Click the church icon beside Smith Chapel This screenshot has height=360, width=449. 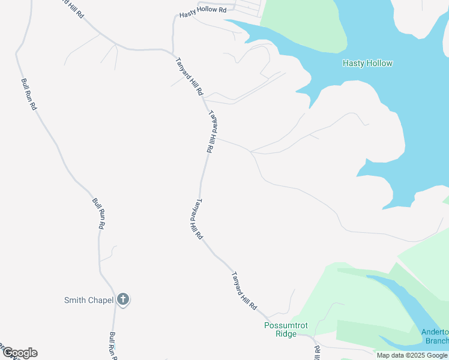pyautogui.click(x=123, y=299)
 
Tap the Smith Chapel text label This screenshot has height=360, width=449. pyautogui.click(x=89, y=300)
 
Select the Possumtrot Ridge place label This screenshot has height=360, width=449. pyautogui.click(x=286, y=329)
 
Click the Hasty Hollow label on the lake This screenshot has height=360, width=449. pyautogui.click(x=367, y=63)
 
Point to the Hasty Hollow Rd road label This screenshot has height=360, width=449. pyautogui.click(x=203, y=10)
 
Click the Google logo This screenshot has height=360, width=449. pyautogui.click(x=20, y=353)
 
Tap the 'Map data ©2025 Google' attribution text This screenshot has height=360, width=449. pyautogui.click(x=412, y=355)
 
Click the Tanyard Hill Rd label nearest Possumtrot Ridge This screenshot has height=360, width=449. pyautogui.click(x=244, y=290)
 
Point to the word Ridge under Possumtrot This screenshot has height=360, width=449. pyautogui.click(x=286, y=334)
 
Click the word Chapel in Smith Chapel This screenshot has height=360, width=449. pyautogui.click(x=101, y=300)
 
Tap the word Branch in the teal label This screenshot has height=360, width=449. pyautogui.click(x=437, y=341)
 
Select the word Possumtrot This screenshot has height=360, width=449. pyautogui.click(x=286, y=325)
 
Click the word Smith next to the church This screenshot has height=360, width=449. pyautogui.click(x=75, y=300)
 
